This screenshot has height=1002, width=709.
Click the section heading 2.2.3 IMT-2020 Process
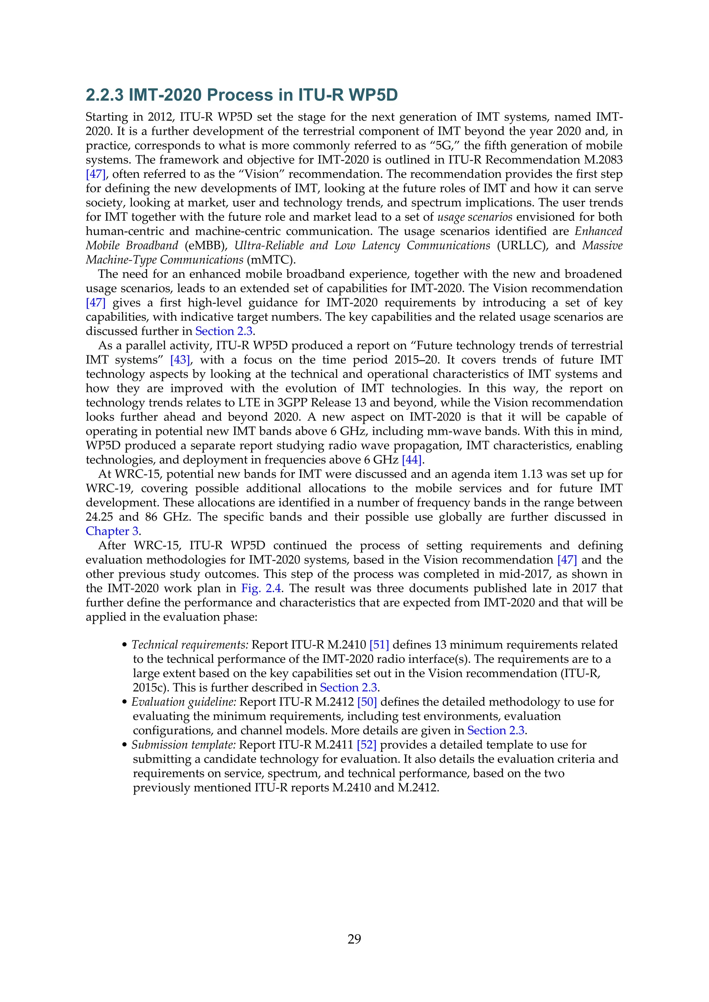point(241,95)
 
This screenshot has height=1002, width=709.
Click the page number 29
point(354,939)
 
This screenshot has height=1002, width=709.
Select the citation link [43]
point(180,360)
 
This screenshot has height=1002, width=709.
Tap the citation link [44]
point(412,460)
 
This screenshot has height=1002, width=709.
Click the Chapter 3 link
point(113,531)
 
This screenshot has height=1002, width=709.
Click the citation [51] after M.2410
point(379,645)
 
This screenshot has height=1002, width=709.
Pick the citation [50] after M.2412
point(367,702)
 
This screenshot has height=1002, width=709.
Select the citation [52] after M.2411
point(366,745)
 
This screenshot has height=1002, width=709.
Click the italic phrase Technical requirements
point(190,645)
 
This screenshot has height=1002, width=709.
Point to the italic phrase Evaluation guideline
point(184,702)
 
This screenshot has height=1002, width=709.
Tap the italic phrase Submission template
point(184,745)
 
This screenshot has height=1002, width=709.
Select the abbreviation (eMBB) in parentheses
point(206,246)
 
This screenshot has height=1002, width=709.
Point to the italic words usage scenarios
point(475,217)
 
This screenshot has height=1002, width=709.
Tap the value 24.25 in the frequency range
point(99,517)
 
